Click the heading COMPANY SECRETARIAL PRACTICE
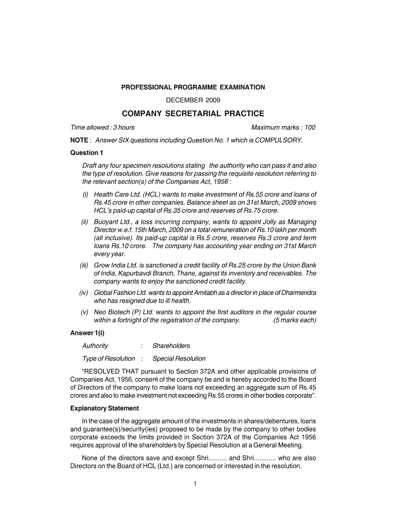point(193,113)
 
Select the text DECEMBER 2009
point(193,100)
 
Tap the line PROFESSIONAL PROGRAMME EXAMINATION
point(193,88)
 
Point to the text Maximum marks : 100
point(283,128)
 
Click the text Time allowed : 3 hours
point(103,128)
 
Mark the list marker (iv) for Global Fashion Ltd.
point(84,293)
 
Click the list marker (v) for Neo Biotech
point(84,313)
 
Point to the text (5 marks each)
point(295,320)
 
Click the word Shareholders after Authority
point(171,346)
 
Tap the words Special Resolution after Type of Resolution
point(179,359)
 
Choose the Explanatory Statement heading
point(104,409)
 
